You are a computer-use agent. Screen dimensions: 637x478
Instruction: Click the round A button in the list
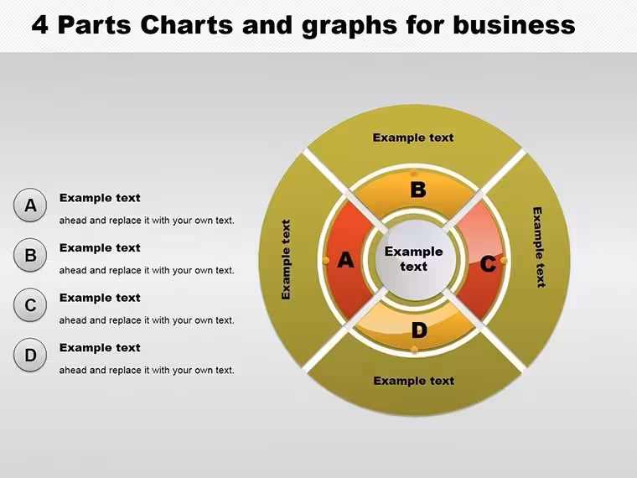[x=30, y=205]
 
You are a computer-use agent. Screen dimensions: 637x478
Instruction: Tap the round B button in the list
[x=30, y=255]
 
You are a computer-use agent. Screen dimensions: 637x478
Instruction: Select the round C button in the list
[x=30, y=305]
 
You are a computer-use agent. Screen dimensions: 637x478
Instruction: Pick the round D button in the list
[x=30, y=355]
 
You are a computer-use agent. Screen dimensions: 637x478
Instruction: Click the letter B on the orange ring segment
[x=418, y=190]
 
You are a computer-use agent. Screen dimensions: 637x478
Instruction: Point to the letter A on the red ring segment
[x=345, y=260]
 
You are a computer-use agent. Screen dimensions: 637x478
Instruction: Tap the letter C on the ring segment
[x=488, y=264]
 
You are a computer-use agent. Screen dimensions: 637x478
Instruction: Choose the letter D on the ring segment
[x=419, y=330]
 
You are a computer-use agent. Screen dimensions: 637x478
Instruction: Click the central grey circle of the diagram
[x=414, y=260]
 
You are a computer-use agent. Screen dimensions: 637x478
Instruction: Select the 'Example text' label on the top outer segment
[x=413, y=138]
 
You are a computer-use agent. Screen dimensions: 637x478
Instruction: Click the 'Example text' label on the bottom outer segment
[x=413, y=381]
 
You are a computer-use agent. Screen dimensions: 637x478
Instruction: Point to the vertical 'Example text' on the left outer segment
[x=286, y=260]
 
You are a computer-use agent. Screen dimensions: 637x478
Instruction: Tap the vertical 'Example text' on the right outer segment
[x=538, y=247]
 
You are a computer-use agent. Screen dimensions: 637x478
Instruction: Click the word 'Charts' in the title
[x=186, y=25]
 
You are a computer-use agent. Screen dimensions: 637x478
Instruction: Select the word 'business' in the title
[x=514, y=25]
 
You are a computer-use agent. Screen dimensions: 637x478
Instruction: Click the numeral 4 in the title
[x=40, y=25]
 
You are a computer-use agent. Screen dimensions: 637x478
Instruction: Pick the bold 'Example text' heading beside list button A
[x=100, y=198]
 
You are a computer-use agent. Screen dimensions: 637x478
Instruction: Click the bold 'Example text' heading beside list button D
[x=100, y=348]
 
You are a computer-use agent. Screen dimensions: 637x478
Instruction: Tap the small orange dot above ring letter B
[x=414, y=173]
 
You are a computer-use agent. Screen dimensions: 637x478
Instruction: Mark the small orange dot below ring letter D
[x=414, y=350]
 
